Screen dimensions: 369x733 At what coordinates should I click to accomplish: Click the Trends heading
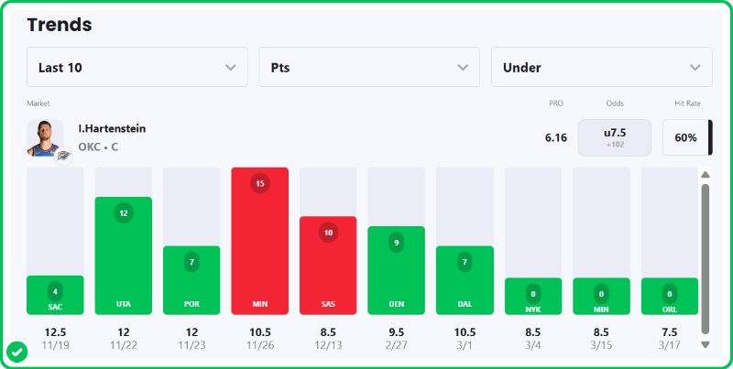(60, 25)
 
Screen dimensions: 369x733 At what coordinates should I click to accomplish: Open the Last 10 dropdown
(137, 67)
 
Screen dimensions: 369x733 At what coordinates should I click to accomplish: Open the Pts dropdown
(369, 67)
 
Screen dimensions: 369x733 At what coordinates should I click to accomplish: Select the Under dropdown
(602, 67)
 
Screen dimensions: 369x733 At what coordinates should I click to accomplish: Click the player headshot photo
(45, 138)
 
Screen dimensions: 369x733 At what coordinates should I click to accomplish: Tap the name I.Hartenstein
(112, 129)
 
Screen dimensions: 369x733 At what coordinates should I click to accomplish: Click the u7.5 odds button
(614, 137)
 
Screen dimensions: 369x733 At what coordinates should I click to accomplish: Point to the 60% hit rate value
(686, 138)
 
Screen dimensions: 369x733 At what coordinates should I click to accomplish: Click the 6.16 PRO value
(556, 138)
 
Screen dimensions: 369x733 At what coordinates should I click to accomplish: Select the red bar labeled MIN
(260, 241)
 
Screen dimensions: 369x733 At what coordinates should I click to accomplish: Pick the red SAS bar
(328, 266)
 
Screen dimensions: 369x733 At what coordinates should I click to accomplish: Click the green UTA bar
(124, 255)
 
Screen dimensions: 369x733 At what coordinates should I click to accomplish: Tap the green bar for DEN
(396, 270)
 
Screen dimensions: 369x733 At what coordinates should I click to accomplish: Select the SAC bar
(55, 295)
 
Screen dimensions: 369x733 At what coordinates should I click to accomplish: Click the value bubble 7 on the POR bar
(191, 262)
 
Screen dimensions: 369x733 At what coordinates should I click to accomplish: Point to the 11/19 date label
(55, 345)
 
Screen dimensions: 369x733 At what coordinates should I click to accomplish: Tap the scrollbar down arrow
(705, 344)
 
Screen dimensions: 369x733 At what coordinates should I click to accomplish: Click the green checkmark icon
(16, 351)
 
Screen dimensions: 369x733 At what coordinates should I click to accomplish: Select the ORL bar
(669, 296)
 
